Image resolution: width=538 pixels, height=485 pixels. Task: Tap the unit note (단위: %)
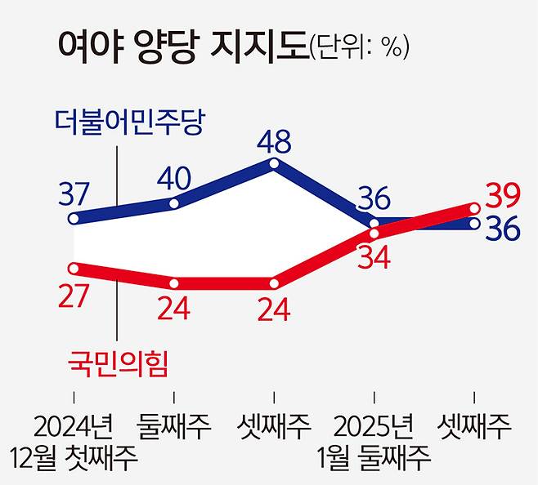(x=358, y=47)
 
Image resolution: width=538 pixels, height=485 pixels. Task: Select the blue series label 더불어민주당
(x=128, y=123)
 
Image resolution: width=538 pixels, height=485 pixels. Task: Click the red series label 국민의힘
(x=118, y=363)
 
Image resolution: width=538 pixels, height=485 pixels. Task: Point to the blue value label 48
(x=272, y=144)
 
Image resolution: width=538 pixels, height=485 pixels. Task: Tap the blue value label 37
(x=75, y=194)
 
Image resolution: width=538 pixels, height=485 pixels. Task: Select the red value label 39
(x=503, y=195)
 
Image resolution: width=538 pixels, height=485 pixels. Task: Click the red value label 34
(x=374, y=259)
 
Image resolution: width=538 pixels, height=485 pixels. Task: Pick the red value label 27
(x=75, y=294)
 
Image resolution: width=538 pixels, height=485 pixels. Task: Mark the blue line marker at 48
(x=274, y=164)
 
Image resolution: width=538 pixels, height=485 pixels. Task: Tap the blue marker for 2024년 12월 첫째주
(x=74, y=218)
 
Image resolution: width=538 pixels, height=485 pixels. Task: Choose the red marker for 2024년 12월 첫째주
(x=74, y=267)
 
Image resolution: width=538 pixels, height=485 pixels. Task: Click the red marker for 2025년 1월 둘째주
(x=374, y=234)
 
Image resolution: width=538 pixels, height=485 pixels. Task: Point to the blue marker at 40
(x=175, y=201)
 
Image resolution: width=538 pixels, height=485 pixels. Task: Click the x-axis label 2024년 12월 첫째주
(x=74, y=441)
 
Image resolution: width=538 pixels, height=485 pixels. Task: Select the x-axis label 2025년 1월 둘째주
(x=374, y=441)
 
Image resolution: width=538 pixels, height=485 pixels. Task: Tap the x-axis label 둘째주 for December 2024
(x=175, y=425)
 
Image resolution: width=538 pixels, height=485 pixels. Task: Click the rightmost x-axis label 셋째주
(x=475, y=425)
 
